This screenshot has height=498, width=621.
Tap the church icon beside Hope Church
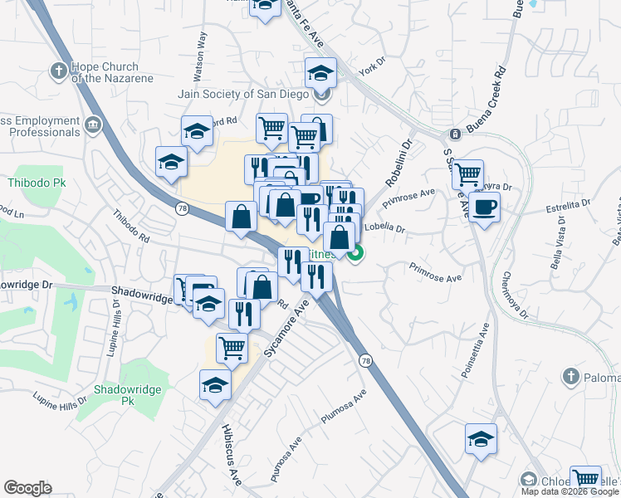[58, 71]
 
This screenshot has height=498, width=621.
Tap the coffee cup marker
[484, 206]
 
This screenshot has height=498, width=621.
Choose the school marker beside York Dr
[320, 74]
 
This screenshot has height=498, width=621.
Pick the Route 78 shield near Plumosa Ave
[365, 360]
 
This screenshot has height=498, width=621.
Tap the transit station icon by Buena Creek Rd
[455, 134]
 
